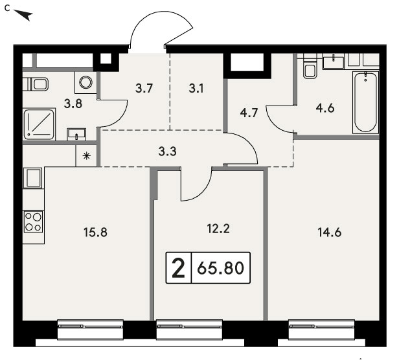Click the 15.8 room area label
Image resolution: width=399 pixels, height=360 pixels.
tap(95, 232)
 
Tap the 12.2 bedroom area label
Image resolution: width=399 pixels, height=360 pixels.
tap(218, 229)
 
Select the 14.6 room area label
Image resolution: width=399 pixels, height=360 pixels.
tap(330, 232)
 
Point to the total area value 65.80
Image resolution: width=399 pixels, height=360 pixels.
tap(221, 268)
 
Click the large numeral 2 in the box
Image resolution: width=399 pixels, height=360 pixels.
tap(178, 267)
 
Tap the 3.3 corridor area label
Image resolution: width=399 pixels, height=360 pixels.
tap(167, 152)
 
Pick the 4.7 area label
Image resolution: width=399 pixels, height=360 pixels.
tap(249, 113)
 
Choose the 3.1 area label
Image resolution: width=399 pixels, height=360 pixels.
tap(196, 89)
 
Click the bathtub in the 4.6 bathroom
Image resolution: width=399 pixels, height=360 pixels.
tap(365, 102)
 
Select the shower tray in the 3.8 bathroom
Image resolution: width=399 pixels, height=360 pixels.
tap(39, 124)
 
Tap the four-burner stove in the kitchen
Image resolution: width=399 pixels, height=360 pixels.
tap(33, 221)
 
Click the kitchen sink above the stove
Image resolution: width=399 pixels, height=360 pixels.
tap(33, 178)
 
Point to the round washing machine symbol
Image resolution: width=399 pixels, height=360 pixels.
tap(85, 82)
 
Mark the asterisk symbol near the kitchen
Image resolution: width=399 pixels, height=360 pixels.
tap(87, 155)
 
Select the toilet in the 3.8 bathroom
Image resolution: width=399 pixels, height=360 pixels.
tap(36, 84)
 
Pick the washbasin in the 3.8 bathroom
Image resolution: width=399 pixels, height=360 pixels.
tap(76, 134)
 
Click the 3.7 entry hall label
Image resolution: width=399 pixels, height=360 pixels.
tap(144, 89)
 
